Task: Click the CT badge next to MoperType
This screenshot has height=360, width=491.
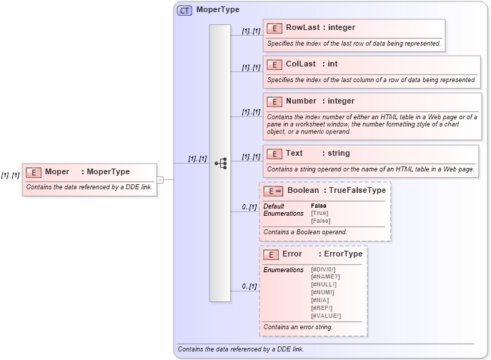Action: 184,10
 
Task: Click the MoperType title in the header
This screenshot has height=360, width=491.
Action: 218,10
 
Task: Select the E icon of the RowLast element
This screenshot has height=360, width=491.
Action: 274,28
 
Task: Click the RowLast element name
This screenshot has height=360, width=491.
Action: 302,28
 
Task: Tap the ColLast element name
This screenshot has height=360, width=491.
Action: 301,64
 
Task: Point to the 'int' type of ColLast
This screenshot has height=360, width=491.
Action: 332,64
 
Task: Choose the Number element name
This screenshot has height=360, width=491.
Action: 301,101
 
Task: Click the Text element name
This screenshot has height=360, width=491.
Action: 294,153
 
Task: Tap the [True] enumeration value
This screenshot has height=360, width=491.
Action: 319,214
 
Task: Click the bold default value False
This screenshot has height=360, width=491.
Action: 319,206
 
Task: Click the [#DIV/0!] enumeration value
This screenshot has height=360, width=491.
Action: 324,269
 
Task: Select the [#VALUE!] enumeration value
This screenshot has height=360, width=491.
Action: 326,316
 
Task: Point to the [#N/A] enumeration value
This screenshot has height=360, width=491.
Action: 320,300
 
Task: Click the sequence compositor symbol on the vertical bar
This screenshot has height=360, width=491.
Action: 220,164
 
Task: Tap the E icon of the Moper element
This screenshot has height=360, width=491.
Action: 33,171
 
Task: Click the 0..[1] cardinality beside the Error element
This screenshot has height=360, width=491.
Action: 249,286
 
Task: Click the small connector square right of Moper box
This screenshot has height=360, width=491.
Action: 160,180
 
